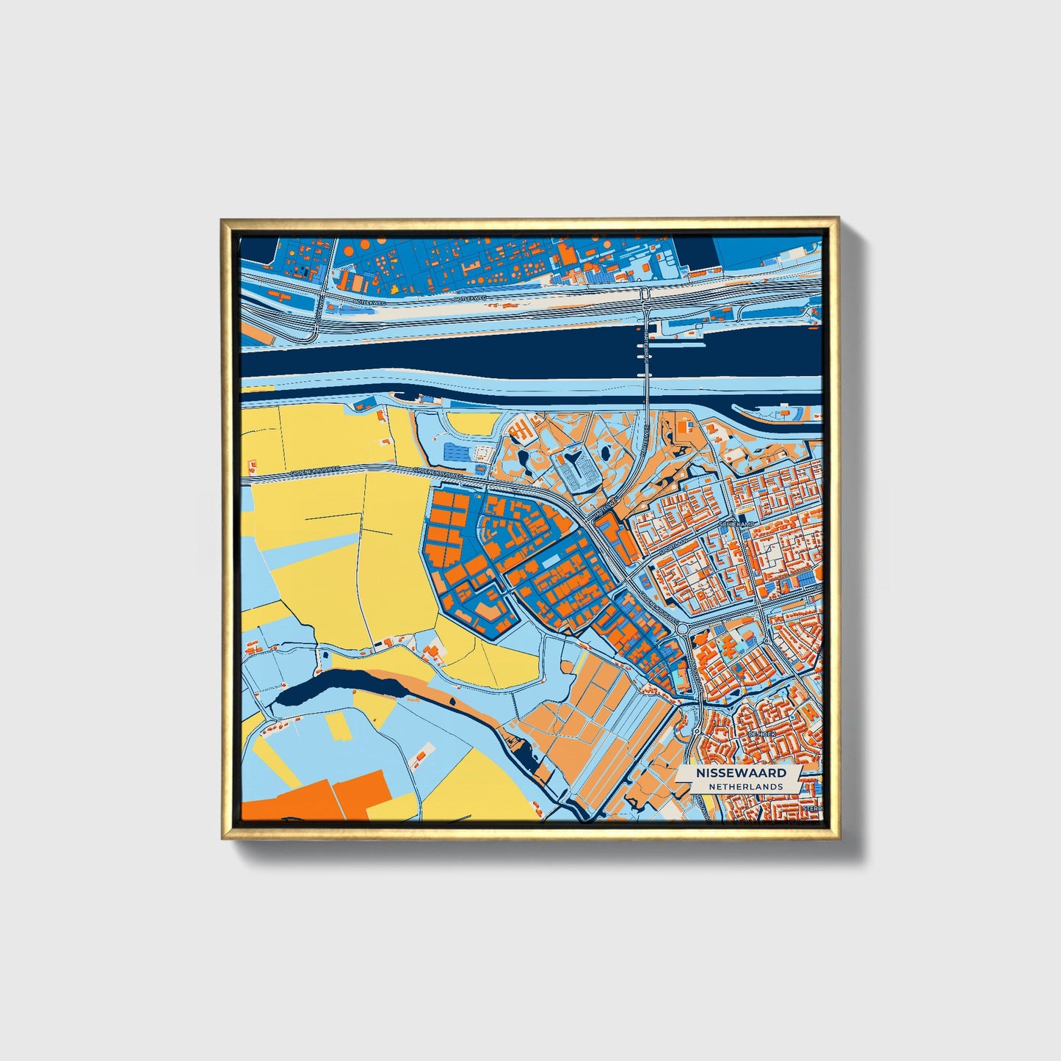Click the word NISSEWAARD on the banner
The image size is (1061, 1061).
[x=741, y=773]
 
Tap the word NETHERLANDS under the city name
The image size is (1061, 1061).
[x=745, y=786]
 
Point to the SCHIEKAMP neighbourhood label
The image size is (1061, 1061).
[x=738, y=524]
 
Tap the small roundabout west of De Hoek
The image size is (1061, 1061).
[x=695, y=732]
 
